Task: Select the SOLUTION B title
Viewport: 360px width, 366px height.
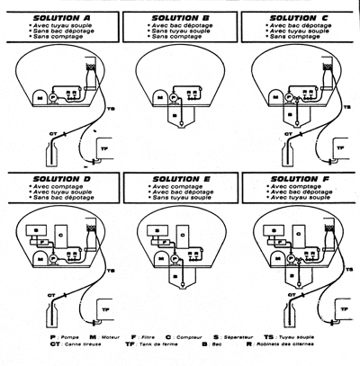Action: point(179,17)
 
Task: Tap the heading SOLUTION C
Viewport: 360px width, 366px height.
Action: point(298,17)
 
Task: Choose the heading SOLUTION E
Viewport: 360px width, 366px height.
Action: point(179,178)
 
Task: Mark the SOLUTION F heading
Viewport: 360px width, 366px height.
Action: point(298,178)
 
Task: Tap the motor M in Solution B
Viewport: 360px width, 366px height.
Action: point(153,94)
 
